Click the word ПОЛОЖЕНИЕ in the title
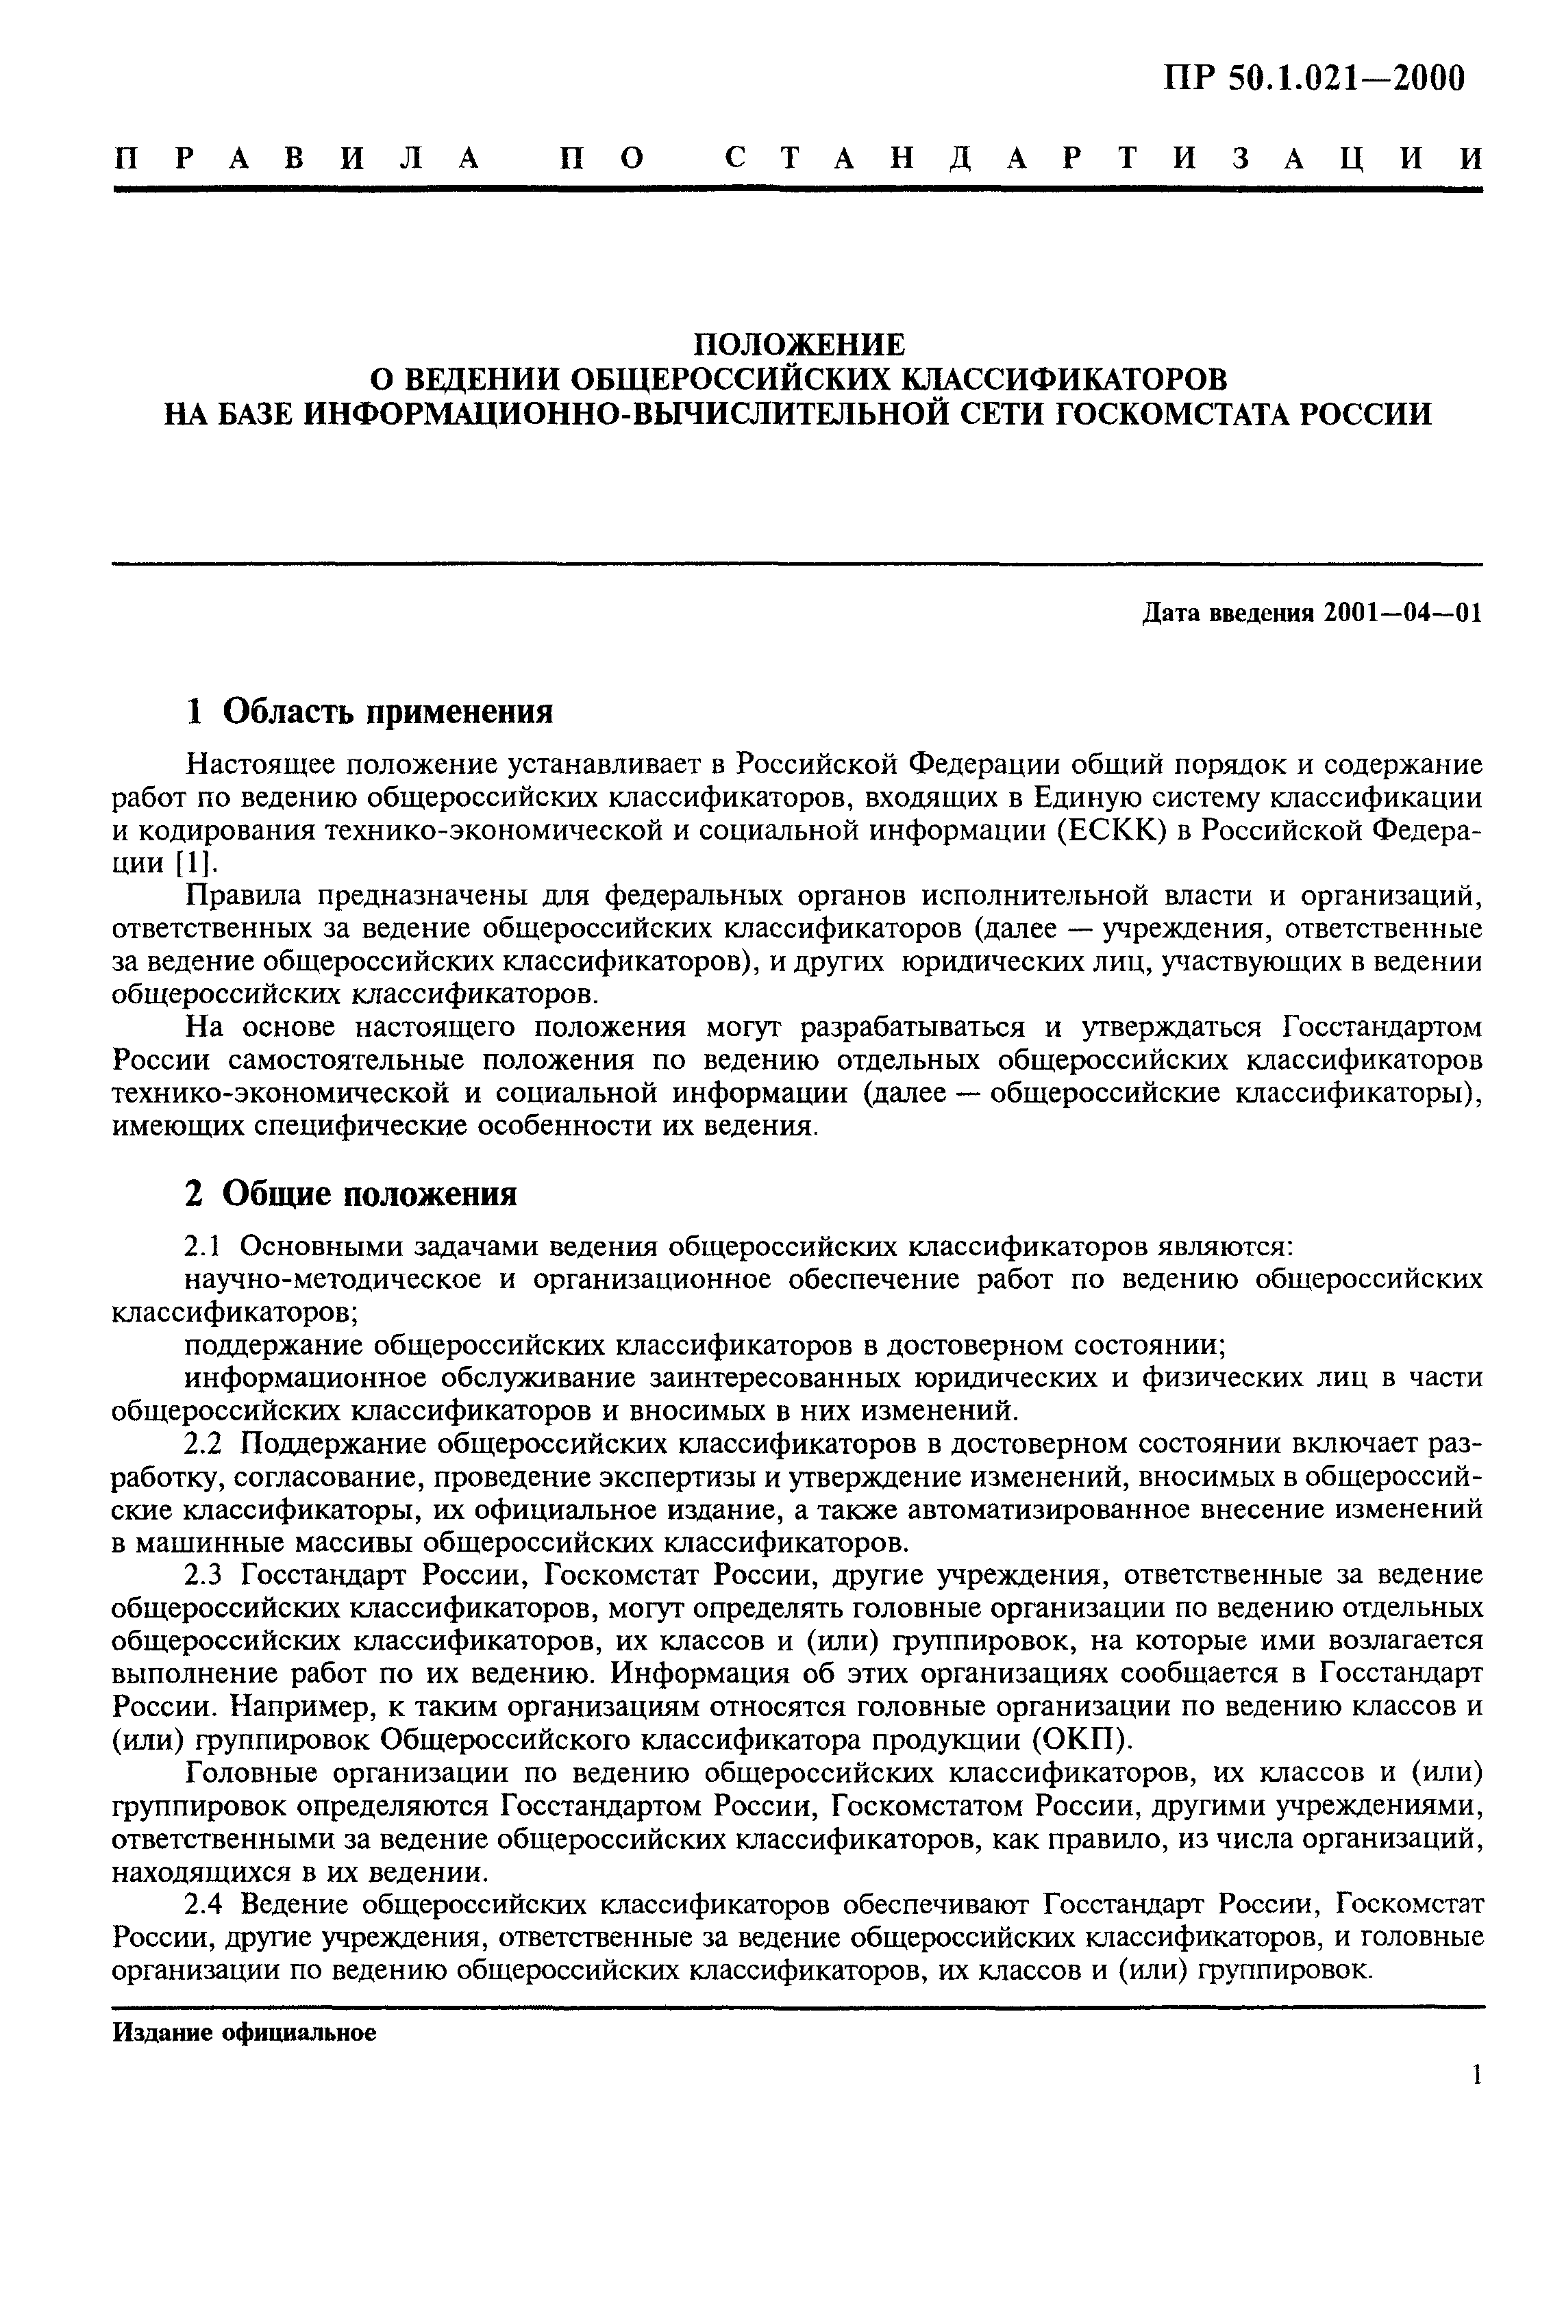[x=799, y=345]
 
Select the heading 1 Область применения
[x=370, y=712]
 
